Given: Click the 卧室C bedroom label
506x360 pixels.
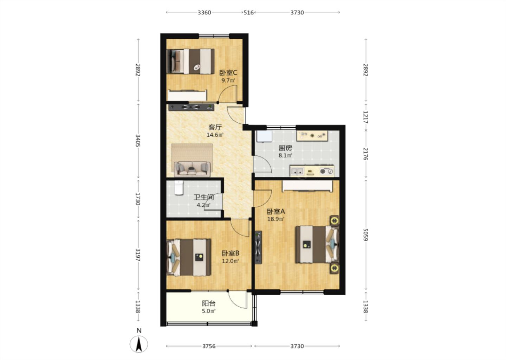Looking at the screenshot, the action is pyautogui.click(x=228, y=73).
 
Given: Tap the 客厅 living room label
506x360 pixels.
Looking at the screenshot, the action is pyautogui.click(x=215, y=127).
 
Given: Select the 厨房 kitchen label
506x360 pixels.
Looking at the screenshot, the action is pyautogui.click(x=285, y=148).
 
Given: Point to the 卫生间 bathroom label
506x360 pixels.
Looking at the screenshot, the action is pyautogui.click(x=204, y=197).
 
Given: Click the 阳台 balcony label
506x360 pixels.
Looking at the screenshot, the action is pyautogui.click(x=209, y=303).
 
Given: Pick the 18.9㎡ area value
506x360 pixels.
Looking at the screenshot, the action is pyautogui.click(x=276, y=219).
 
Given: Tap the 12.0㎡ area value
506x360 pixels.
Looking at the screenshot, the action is pyautogui.click(x=231, y=261).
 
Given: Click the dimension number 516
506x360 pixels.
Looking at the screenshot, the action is pyautogui.click(x=249, y=13).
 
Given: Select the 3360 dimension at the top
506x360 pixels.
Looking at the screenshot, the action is pyautogui.click(x=205, y=13).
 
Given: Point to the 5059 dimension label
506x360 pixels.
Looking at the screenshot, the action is pyautogui.click(x=365, y=235).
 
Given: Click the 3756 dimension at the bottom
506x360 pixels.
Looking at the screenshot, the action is pyautogui.click(x=209, y=346).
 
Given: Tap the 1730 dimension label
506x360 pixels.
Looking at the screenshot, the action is pyautogui.click(x=138, y=199).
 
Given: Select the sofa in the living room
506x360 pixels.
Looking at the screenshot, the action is pyautogui.click(x=192, y=169).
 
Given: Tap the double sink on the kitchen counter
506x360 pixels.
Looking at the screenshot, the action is pyautogui.click(x=297, y=171).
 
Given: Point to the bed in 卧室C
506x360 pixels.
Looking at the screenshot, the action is pyautogui.click(x=190, y=61).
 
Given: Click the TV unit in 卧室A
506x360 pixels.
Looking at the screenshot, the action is pyautogui.click(x=258, y=247).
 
